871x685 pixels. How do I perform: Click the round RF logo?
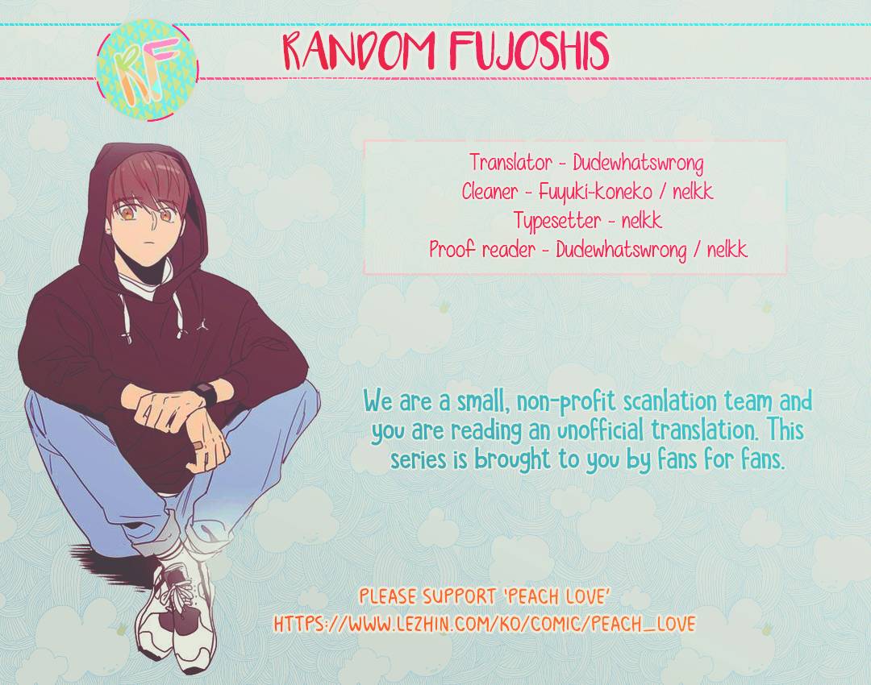(147, 69)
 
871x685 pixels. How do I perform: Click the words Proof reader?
(481, 249)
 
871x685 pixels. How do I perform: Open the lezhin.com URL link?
(484, 624)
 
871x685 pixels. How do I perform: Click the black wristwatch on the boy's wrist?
(206, 395)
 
